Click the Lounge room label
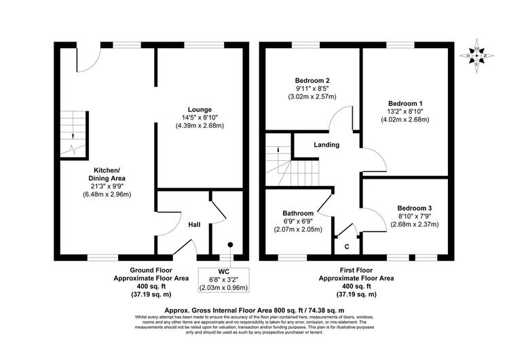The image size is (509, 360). pyautogui.click(x=200, y=109)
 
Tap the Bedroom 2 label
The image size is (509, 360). pyautogui.click(x=312, y=80)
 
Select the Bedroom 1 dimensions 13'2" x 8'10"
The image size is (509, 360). pyautogui.click(x=405, y=111)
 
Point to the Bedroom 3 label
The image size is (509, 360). pyautogui.click(x=415, y=208)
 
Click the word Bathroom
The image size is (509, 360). pyautogui.click(x=298, y=213)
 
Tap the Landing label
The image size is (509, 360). pyautogui.click(x=326, y=145)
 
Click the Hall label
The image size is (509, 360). pyautogui.click(x=195, y=225)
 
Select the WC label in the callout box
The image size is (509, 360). pyautogui.click(x=224, y=272)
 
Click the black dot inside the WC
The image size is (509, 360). pyautogui.click(x=231, y=244)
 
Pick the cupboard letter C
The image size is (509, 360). pyautogui.click(x=347, y=247)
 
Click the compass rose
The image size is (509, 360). pyautogui.click(x=476, y=56)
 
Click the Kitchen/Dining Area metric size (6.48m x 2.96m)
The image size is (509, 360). pyautogui.click(x=107, y=195)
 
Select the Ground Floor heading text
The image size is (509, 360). pyautogui.click(x=151, y=270)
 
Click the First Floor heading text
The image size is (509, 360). pyautogui.click(x=356, y=270)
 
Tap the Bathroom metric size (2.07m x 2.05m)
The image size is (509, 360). pyautogui.click(x=298, y=230)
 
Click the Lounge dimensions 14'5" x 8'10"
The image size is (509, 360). pyautogui.click(x=200, y=118)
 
